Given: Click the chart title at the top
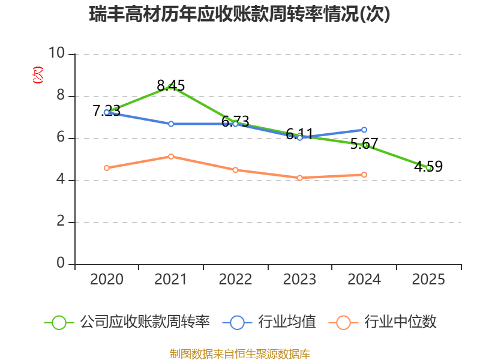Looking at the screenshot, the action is tap(239, 14).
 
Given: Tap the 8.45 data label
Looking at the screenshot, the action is tap(171, 85).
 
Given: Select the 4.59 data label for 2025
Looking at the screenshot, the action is tap(428, 166).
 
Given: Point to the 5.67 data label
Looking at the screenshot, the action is tap(364, 143).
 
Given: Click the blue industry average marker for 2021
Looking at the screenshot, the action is tap(171, 124).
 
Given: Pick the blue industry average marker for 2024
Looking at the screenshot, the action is tap(364, 130).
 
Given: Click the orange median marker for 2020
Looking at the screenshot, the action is tap(107, 168).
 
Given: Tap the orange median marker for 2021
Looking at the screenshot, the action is tap(171, 157).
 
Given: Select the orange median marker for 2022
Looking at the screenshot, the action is tap(235, 170).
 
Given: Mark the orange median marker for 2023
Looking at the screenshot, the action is tap(300, 178).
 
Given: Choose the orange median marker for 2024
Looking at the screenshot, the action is tap(364, 175).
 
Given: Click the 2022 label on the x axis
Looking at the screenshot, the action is tap(235, 280).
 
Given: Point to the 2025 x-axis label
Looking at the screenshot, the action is tap(428, 280).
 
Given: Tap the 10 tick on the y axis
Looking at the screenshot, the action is tap(57, 53).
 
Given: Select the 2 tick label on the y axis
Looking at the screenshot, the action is tap(61, 221).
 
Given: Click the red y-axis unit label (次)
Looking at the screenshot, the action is tap(38, 75).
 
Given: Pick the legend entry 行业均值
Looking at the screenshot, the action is tap(269, 322).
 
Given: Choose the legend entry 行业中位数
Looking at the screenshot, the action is tap(383, 322).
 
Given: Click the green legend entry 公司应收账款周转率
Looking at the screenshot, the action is tap(127, 322).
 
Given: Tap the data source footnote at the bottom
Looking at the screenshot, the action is tap(240, 354).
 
